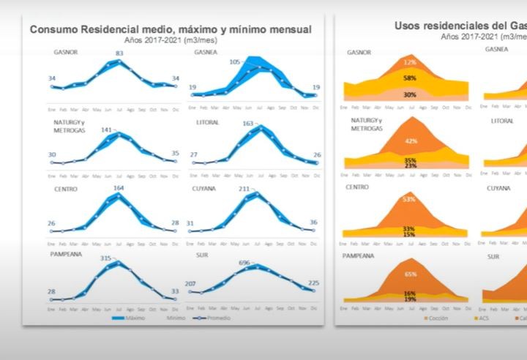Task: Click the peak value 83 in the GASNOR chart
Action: click(119, 53)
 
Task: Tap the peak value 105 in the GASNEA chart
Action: click(235, 62)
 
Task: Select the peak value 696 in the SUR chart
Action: click(244, 262)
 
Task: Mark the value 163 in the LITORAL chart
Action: click(247, 124)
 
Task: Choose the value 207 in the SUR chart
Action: click(193, 283)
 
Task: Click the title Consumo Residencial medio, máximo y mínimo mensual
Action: click(170, 29)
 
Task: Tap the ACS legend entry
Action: click(484, 318)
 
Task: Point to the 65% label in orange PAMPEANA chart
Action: click(411, 274)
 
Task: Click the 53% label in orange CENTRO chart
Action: click(410, 198)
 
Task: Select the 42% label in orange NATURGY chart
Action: click(411, 141)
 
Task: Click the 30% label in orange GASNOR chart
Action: click(410, 94)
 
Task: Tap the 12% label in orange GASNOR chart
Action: click(410, 62)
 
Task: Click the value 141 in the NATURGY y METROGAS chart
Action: click(107, 130)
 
